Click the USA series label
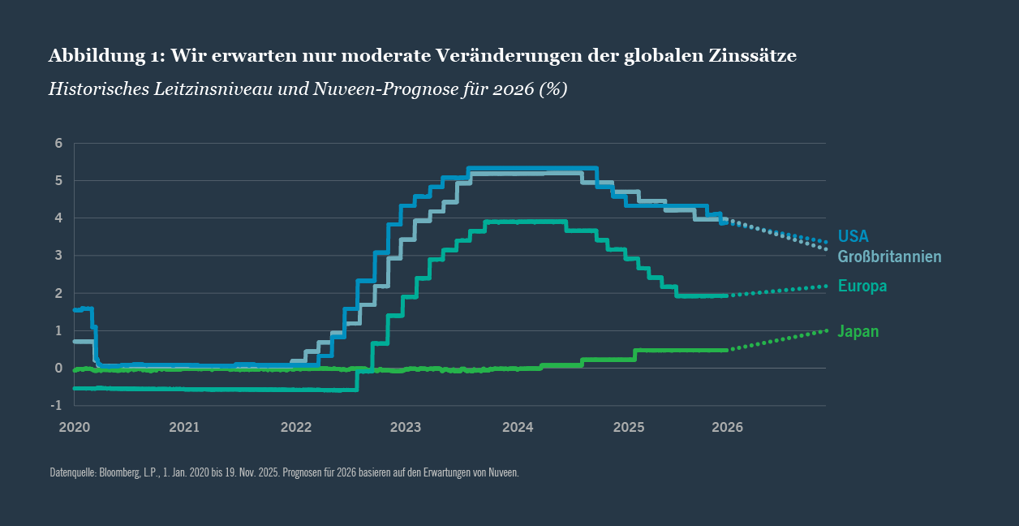[853, 236]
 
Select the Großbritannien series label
[889, 257]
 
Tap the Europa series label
[862, 286]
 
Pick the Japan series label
[858, 331]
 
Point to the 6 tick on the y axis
[58, 144]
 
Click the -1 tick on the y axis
[57, 405]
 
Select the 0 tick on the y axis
[58, 368]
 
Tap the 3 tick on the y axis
[58, 256]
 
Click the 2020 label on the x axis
[74, 427]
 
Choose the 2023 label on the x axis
[406, 427]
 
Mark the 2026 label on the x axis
[727, 427]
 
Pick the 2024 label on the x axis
[518, 427]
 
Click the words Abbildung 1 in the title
[105, 55]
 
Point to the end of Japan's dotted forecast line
[826, 330]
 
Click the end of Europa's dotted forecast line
[826, 286]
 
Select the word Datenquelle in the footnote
[72, 472]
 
